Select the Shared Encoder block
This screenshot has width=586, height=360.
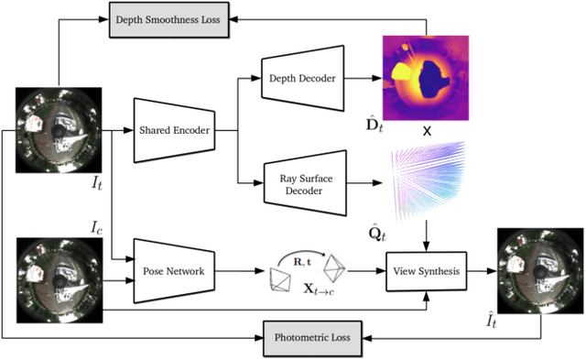point(173,131)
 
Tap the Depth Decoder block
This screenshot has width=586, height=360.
point(301,80)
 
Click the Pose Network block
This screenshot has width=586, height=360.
point(173,271)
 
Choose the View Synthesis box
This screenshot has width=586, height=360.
point(426,272)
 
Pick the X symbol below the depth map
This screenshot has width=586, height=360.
point(427,131)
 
